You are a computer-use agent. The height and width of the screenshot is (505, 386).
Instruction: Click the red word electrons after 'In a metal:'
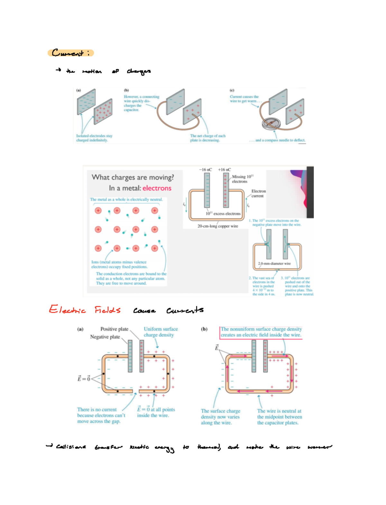(x=157, y=188)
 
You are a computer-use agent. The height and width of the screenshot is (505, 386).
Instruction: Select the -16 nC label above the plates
(x=205, y=170)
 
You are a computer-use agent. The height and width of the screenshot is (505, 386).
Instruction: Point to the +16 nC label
(x=224, y=170)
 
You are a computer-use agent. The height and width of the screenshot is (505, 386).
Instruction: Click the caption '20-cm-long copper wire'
(x=217, y=226)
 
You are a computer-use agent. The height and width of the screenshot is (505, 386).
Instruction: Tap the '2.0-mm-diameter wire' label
(x=274, y=263)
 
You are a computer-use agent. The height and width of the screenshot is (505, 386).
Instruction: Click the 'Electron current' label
(x=258, y=193)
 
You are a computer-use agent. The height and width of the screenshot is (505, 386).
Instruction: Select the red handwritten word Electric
(x=67, y=310)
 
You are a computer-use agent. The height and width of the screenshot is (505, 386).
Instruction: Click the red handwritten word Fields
(x=107, y=310)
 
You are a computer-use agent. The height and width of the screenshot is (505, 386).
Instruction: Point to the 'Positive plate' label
(x=114, y=329)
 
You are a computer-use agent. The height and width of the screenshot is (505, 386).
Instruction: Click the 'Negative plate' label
(x=105, y=337)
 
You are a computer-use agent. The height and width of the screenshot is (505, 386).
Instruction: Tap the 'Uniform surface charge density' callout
(x=161, y=332)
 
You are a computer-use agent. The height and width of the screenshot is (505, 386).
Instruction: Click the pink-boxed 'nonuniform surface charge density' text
(x=261, y=332)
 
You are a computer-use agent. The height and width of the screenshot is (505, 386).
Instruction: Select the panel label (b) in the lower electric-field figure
(x=204, y=329)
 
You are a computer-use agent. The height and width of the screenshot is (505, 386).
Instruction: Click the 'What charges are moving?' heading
(x=133, y=177)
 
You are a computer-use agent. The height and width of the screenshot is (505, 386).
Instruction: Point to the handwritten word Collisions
(x=71, y=447)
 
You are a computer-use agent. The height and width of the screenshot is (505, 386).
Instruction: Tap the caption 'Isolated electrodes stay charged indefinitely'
(x=94, y=138)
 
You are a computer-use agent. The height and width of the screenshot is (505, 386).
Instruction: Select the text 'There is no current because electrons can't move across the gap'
(x=101, y=415)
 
